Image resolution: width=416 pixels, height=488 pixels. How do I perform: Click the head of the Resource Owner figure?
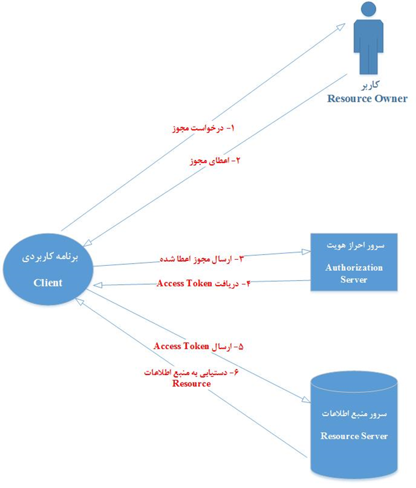click(x=368, y=9)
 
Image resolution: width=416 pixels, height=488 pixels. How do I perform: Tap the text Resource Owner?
click(x=367, y=98)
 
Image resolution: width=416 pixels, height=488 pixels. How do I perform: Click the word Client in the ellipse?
click(x=48, y=282)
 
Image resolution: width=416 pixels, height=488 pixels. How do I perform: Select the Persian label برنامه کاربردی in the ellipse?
click(x=50, y=258)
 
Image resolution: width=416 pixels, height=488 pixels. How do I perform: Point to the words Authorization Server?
click(x=354, y=273)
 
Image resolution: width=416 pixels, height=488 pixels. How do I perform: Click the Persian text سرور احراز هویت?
click(x=356, y=245)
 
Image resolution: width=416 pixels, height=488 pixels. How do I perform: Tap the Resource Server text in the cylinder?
click(x=354, y=435)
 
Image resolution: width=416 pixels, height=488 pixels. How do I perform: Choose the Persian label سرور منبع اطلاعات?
click(x=354, y=413)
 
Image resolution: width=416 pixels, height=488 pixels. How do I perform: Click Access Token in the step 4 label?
click(x=184, y=283)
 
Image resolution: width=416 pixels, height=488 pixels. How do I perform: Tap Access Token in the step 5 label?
click(x=181, y=346)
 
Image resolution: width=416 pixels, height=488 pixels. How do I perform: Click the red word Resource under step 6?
click(x=191, y=383)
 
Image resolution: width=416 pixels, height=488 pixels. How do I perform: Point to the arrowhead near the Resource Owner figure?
click(x=341, y=27)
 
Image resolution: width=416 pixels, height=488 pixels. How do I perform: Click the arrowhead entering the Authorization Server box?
click(x=306, y=252)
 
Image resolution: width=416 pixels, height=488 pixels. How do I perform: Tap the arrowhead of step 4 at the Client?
click(x=98, y=285)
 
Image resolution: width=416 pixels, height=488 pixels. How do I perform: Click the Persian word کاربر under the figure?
click(x=371, y=85)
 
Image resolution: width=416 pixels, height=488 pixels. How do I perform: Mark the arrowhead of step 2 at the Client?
click(x=87, y=243)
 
